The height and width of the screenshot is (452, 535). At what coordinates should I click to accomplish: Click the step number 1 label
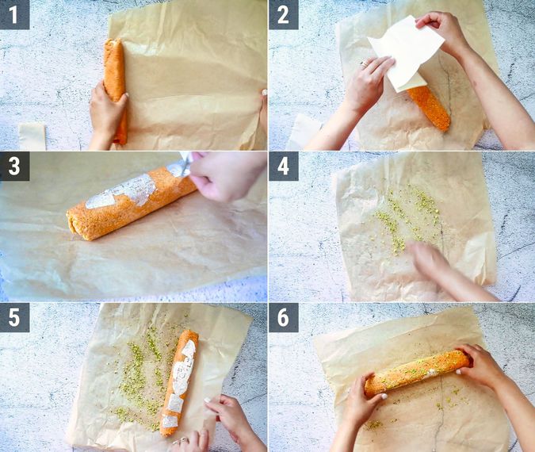(14, 14)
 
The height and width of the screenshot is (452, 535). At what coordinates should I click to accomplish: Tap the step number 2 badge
(283, 14)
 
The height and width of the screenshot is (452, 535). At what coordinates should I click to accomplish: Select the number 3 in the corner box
(14, 166)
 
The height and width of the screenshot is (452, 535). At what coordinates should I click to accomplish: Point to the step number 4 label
(283, 166)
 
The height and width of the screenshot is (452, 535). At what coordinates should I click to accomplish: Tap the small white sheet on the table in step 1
(32, 136)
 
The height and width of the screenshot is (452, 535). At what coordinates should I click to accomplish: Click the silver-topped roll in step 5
(179, 381)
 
